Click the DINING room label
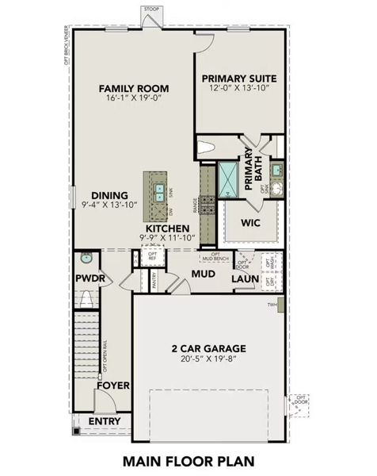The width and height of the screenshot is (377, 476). [x=105, y=194]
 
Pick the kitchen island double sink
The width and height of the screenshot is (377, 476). [x=158, y=191]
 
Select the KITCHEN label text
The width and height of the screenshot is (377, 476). [x=166, y=228]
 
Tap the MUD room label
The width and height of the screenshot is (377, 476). [x=203, y=275]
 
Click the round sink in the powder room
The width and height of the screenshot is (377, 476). [x=86, y=259]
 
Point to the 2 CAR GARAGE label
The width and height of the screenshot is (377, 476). [x=209, y=348]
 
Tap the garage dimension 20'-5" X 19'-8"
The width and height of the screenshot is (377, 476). [x=209, y=359]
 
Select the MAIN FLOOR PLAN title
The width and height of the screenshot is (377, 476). [x=188, y=460]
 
